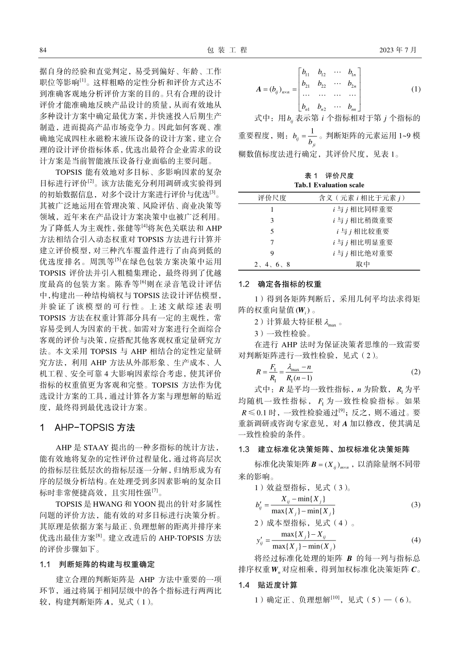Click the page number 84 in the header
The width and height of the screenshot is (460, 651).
43,50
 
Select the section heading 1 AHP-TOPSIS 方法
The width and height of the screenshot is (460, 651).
87,428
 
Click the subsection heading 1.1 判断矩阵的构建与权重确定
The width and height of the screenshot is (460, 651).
96,564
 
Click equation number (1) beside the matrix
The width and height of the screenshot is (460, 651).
415,89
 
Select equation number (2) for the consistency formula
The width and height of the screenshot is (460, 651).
415,372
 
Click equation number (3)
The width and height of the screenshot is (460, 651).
415,504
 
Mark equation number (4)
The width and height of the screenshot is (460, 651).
415,540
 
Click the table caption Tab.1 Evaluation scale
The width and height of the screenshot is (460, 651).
329,185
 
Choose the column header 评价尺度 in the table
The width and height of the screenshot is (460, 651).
272,198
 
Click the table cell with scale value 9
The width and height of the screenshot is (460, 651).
272,253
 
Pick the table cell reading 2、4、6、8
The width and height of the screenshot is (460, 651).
272,264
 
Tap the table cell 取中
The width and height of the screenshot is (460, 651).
362,264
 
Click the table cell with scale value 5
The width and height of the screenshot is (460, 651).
272,232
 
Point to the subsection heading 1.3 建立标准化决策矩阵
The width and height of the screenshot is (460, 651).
324,449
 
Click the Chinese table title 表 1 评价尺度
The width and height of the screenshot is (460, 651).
329,176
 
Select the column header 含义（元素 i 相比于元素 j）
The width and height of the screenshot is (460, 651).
362,198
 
